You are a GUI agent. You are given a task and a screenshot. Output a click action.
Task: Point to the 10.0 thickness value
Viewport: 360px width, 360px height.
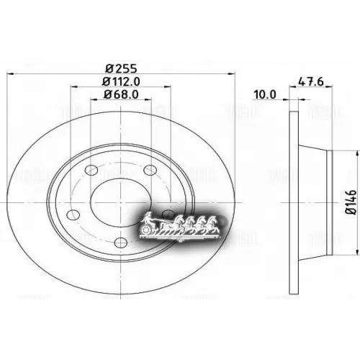pyautogui.click(x=265, y=94)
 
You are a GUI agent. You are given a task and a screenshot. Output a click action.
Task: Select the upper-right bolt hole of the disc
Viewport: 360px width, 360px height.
pyautogui.click(x=150, y=170)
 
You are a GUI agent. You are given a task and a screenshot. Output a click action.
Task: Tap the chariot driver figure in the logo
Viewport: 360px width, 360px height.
pyautogui.click(x=148, y=218)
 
